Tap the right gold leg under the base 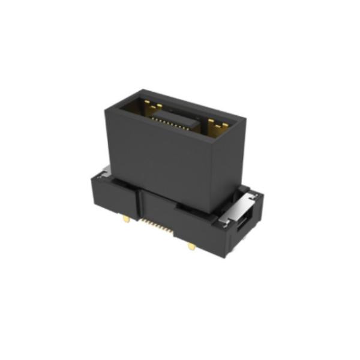coord(191,245)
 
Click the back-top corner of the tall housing coord(139,91)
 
